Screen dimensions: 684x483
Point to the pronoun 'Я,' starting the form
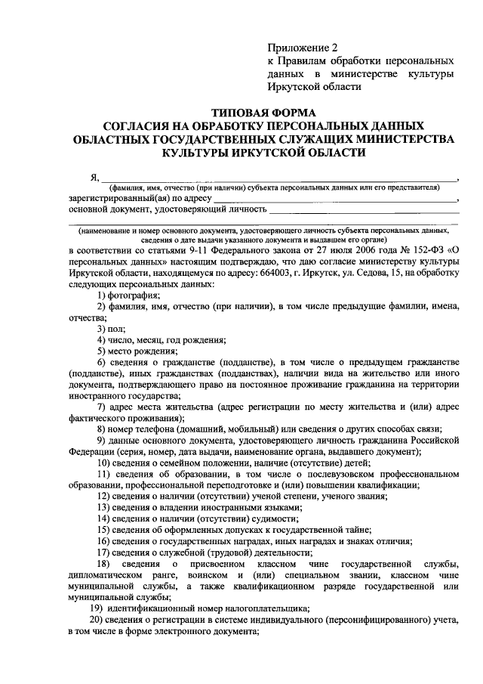[94, 178]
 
